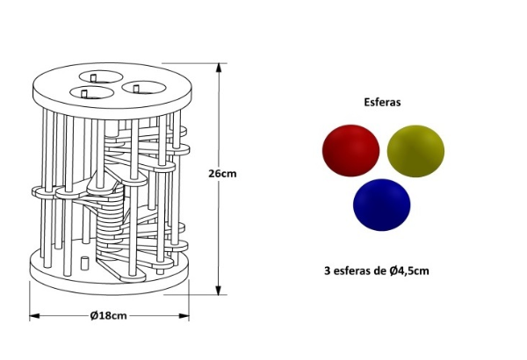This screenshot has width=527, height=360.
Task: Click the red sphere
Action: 350,148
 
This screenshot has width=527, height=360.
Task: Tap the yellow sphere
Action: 415,148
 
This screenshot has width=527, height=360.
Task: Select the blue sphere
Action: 382,205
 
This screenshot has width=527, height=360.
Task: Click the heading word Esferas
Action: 382,102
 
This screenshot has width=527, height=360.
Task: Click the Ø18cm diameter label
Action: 110,316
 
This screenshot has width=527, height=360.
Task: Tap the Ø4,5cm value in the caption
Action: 408,270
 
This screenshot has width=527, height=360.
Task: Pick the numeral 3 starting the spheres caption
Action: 328,270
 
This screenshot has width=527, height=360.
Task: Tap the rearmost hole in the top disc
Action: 98,78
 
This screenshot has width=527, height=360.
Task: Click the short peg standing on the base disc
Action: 82,263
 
